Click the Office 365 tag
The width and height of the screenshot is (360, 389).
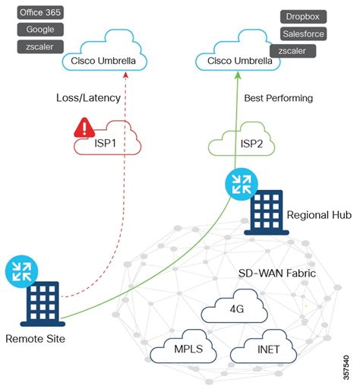[x=40, y=12]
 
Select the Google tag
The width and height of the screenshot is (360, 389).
[x=40, y=30]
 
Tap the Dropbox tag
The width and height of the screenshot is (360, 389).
[x=303, y=17]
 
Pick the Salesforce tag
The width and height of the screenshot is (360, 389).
[x=303, y=33]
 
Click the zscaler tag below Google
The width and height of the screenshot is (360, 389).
[x=40, y=46]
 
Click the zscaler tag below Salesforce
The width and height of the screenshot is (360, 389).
[x=292, y=51]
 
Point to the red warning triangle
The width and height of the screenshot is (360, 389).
[x=84, y=128]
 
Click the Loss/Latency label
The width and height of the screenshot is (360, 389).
[x=88, y=98]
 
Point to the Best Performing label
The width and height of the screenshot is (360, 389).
[x=279, y=98]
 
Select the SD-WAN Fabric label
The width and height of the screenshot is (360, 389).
[x=277, y=274]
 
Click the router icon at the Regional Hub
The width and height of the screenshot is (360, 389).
[x=242, y=185]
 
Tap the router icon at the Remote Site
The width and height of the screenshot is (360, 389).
[x=22, y=271]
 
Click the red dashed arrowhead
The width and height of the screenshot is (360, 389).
[x=125, y=75]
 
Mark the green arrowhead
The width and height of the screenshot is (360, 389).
[x=238, y=75]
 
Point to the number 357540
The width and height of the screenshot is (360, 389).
[x=346, y=368]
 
